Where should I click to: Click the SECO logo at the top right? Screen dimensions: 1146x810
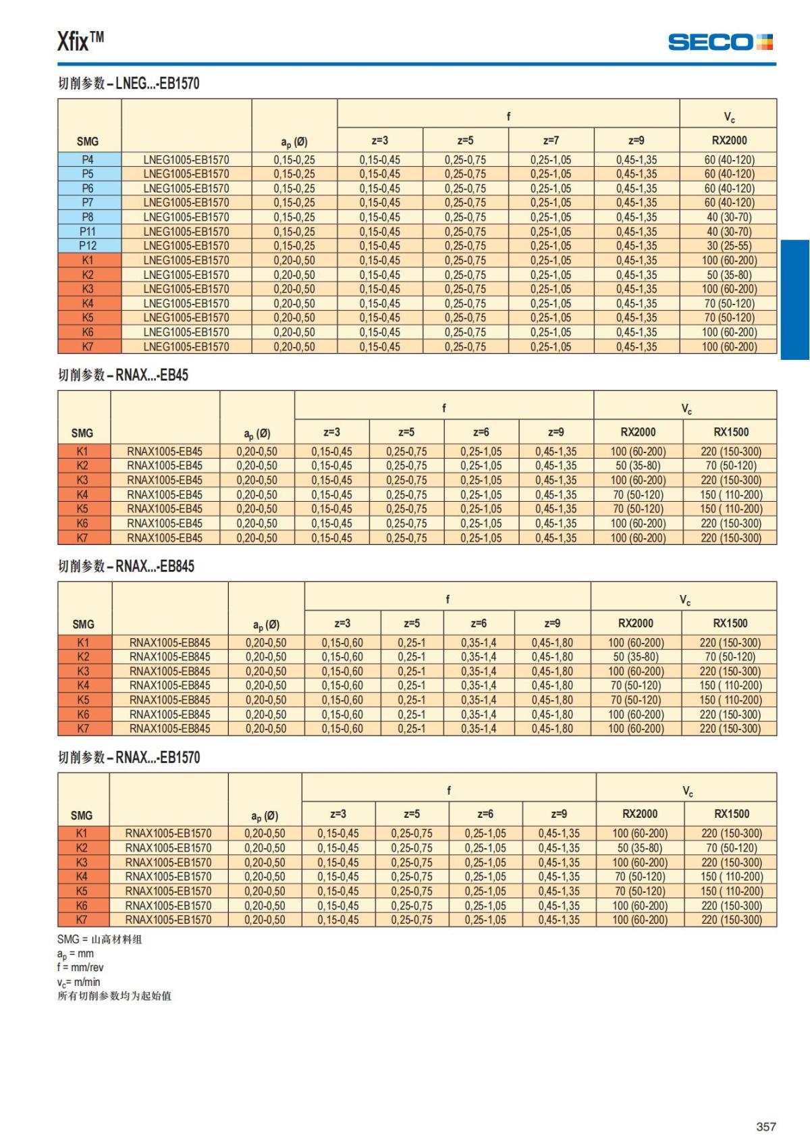[720, 42]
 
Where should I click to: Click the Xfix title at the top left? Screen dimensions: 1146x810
[80, 41]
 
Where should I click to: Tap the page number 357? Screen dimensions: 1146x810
[765, 1126]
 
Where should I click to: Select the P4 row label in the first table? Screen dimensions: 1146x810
[88, 160]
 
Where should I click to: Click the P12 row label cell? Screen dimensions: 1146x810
[88, 246]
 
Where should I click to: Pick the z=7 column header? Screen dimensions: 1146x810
[551, 140]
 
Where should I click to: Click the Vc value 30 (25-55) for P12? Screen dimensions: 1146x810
[729, 246]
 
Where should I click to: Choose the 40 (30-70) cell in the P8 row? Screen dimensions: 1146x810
[729, 217]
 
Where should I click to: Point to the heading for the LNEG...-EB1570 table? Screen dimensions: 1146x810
[128, 84]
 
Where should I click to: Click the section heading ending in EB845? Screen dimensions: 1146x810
[126, 566]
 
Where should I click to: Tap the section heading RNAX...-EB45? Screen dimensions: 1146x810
[123, 375]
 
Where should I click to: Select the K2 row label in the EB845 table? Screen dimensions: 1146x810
[83, 656]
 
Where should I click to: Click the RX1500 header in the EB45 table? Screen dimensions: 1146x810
[731, 432]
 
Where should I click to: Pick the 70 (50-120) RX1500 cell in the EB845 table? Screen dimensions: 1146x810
[730, 656]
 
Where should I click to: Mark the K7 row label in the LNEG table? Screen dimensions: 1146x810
[88, 346]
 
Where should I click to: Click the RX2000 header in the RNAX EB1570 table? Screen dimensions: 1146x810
[639, 814]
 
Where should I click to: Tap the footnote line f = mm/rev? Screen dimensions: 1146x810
[80, 967]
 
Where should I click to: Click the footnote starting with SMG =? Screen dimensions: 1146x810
[99, 939]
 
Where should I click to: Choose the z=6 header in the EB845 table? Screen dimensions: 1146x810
[479, 623]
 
